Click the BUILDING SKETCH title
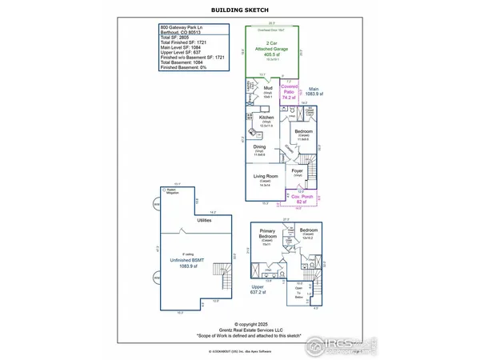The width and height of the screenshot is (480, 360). tap(239, 10)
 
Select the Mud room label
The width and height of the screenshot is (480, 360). tap(268, 111)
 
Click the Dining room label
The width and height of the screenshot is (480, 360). tap(260, 147)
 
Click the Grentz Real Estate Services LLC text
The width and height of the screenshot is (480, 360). tap(240, 330)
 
